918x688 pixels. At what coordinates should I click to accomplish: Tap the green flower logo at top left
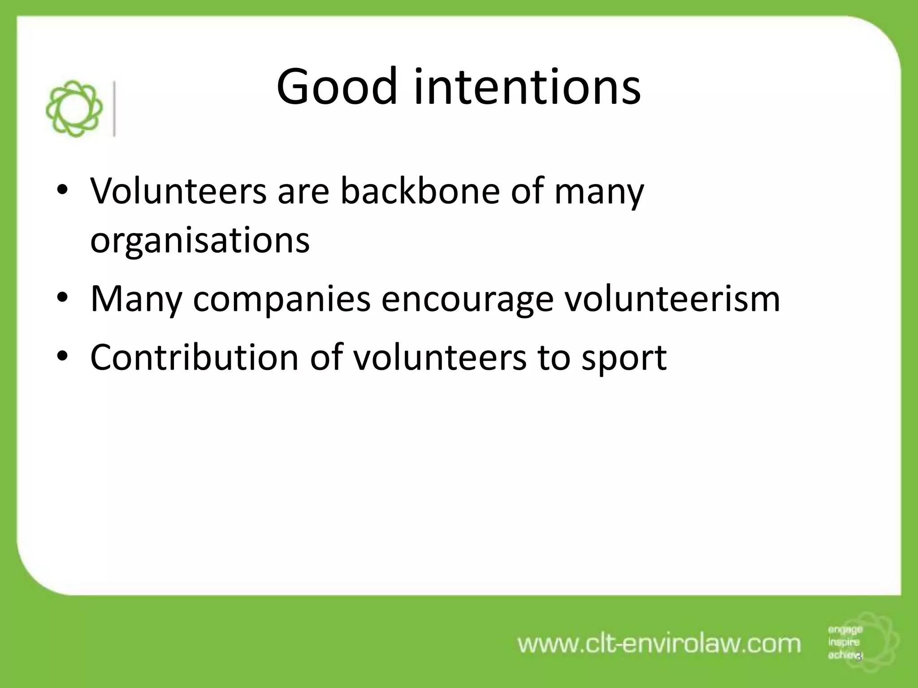click(74, 109)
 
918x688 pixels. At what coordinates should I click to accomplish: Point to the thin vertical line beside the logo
click(115, 109)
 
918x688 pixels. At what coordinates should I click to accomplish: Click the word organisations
click(200, 240)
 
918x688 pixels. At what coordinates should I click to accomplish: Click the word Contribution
click(194, 357)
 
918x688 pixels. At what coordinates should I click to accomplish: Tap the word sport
click(624, 357)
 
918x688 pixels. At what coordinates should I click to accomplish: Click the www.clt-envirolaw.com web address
click(659, 644)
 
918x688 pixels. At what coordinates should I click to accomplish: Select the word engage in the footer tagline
click(845, 630)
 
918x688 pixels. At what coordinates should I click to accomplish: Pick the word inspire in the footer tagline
click(844, 642)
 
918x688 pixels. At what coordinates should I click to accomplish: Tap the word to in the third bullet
click(553, 357)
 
